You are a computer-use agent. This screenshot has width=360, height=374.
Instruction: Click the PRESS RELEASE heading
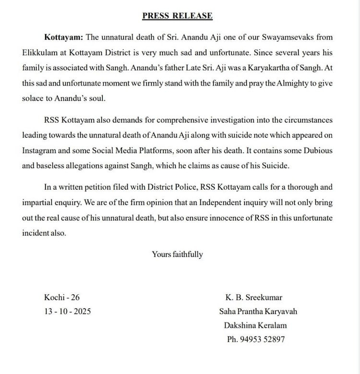pyautogui.click(x=177, y=16)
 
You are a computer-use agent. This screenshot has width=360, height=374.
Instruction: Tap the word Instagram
pyautogui.click(x=41, y=150)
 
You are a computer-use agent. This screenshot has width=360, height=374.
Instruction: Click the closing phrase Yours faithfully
pyautogui.click(x=177, y=254)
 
